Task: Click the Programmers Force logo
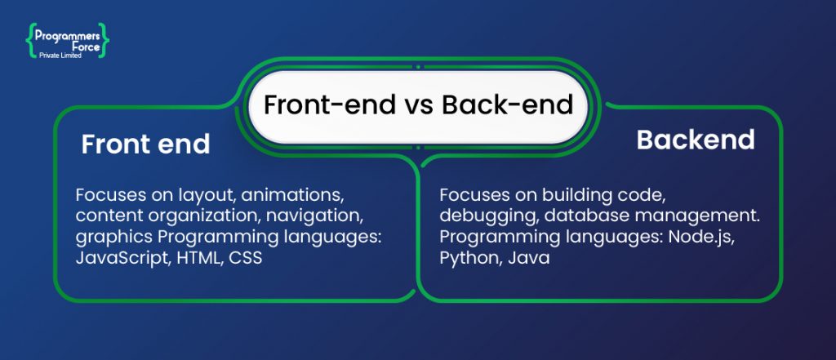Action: [x=67, y=41]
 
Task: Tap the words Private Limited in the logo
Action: [x=61, y=56]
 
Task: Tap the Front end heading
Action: [x=145, y=144]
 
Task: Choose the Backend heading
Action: [x=696, y=140]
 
